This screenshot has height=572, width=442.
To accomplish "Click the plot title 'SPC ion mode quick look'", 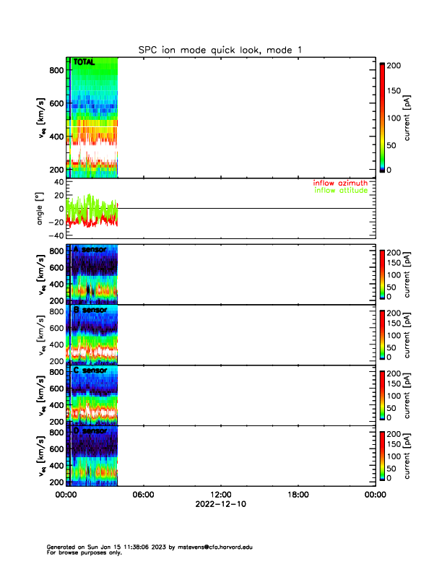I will (220, 49).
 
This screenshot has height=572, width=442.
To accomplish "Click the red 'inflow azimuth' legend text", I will (339, 183).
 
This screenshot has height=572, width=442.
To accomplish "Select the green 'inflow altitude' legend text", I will (339, 191).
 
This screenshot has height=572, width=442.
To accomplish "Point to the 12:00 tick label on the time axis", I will (220, 495).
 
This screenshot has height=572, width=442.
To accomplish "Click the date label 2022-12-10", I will (220, 504).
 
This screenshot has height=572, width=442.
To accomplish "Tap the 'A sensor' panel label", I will (90, 249).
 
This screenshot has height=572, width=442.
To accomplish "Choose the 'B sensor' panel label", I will (90, 310).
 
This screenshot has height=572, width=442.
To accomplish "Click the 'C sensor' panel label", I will (90, 370).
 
